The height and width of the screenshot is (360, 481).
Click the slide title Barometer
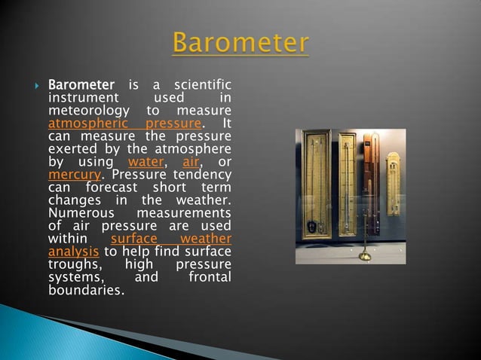240,43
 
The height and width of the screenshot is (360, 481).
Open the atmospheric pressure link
124,124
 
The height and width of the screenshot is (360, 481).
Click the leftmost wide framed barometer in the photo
315,185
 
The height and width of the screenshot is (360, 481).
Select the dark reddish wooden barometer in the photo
371,181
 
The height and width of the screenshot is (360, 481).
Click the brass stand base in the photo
365,256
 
